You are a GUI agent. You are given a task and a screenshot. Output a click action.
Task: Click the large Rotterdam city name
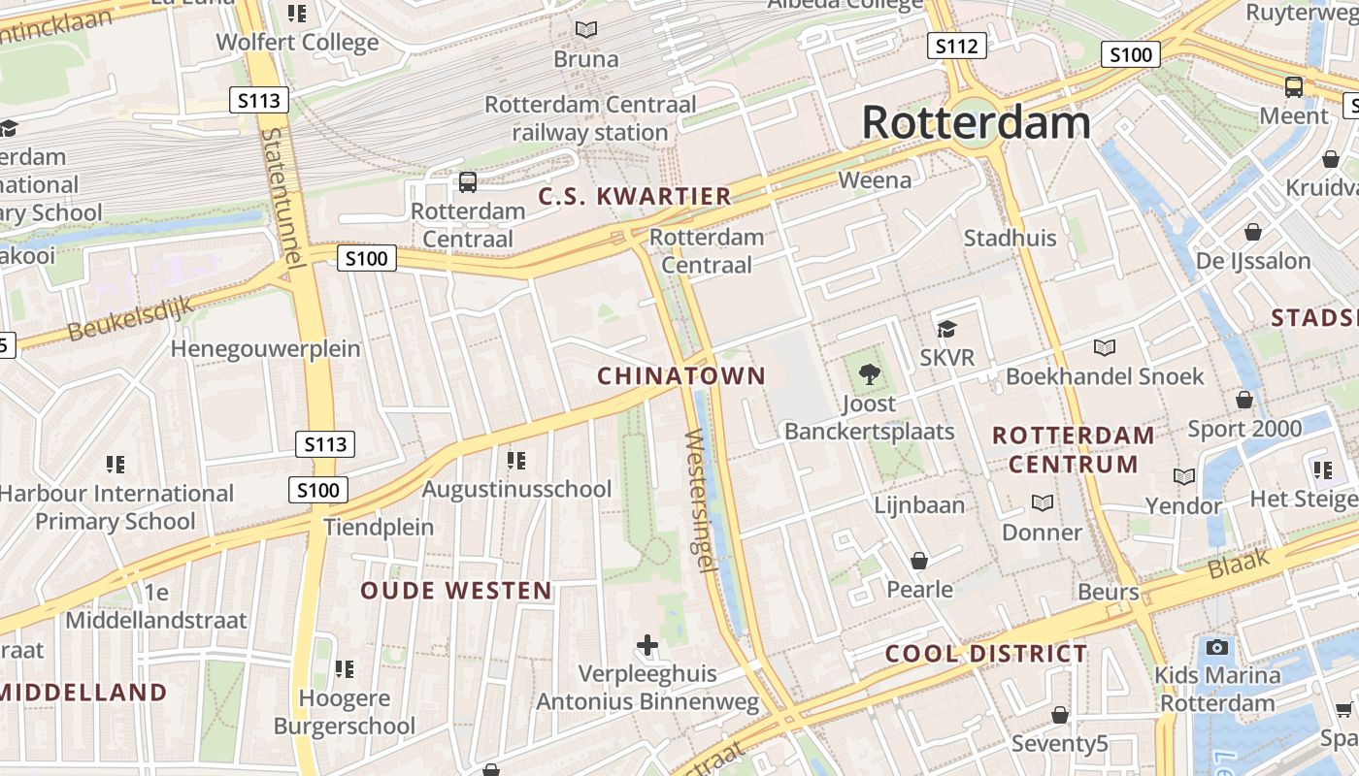(x=976, y=123)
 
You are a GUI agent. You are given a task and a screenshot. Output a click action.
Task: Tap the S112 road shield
(x=956, y=46)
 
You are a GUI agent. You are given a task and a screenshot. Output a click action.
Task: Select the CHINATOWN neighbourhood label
(x=681, y=375)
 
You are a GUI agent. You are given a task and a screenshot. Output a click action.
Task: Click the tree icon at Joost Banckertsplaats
(x=870, y=373)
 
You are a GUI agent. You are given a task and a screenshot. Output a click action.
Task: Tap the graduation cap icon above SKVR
(x=946, y=330)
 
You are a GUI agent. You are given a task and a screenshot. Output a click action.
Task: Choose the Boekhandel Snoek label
(x=1105, y=376)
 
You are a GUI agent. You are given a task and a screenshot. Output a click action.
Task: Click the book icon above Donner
(x=1042, y=502)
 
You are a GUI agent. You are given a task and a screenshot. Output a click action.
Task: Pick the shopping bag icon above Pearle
(x=918, y=561)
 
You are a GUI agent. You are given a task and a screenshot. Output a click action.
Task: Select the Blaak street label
(x=1239, y=564)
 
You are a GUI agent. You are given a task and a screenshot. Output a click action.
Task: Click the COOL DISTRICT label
(x=986, y=654)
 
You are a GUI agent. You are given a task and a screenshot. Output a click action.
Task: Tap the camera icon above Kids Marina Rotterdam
(x=1216, y=647)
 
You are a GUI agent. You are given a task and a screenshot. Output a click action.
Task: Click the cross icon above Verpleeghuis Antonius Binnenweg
(x=647, y=645)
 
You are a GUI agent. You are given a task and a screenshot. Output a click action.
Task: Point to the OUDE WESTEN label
(x=456, y=591)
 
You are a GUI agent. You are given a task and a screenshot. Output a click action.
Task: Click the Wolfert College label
(x=297, y=43)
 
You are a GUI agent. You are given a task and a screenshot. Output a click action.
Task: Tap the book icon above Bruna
(x=585, y=30)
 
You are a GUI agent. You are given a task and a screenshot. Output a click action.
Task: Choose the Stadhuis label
(x=1010, y=239)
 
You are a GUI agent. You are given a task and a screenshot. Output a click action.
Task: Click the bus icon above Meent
(x=1294, y=86)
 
